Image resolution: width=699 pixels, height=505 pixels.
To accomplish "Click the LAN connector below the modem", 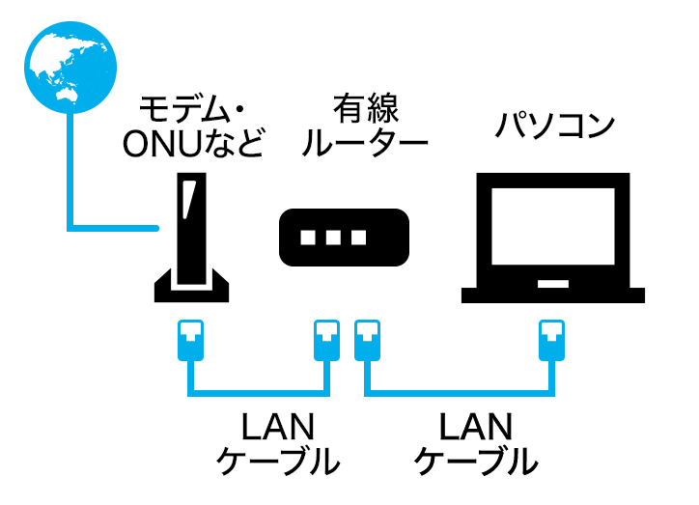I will point(188,339).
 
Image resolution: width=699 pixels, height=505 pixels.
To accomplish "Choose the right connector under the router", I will point(368,339).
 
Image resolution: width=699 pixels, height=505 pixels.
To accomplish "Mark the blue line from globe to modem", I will point(70,193).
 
